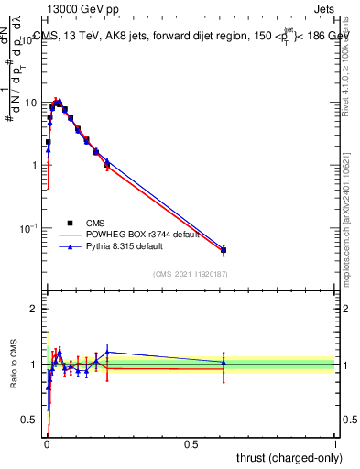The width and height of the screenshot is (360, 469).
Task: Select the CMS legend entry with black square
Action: point(96,223)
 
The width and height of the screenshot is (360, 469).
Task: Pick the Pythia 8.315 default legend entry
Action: point(129,246)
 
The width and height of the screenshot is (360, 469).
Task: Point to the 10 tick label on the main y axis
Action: point(29,103)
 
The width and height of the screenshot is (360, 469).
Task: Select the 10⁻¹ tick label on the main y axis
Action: point(27,227)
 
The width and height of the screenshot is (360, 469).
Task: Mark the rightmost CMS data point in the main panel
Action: point(224,250)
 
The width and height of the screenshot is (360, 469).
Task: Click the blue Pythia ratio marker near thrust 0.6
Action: point(224,362)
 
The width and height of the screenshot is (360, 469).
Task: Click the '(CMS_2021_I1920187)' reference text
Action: point(190,273)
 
